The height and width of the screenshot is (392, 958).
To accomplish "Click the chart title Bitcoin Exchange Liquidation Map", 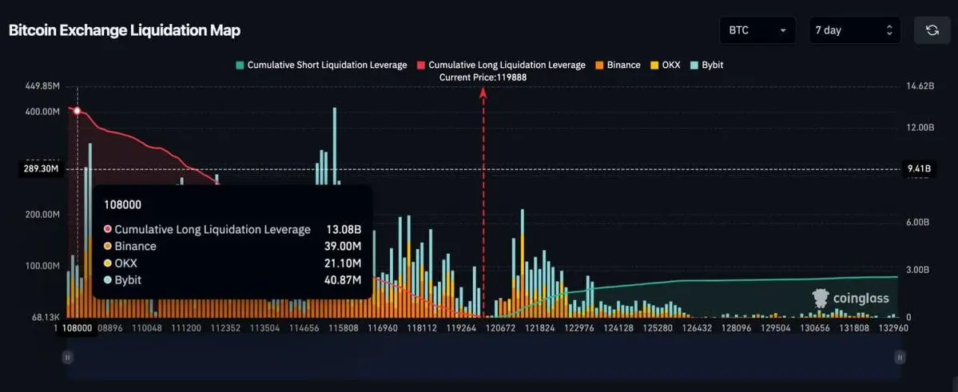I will pos(124,30).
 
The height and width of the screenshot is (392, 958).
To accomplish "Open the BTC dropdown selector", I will pos(757,30).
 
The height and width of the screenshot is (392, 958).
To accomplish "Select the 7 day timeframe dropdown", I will pos(854,30).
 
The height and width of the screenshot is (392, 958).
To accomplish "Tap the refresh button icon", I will pos(932,30).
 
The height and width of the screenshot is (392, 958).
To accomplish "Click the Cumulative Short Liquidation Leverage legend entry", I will pos(320,65).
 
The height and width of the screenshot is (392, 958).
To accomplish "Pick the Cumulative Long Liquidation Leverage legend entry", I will pos(501,65).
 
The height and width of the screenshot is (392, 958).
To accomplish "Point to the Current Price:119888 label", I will pos(483,77).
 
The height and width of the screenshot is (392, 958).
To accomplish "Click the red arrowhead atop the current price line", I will pos(483,93).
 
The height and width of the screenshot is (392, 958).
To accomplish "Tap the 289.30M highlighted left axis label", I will pos(41,169).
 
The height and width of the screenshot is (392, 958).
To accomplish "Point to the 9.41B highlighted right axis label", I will pos(916,168).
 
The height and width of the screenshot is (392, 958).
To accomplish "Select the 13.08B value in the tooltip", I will pos(344,230).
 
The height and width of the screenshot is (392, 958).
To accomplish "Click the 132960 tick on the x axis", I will pos(892,327).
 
